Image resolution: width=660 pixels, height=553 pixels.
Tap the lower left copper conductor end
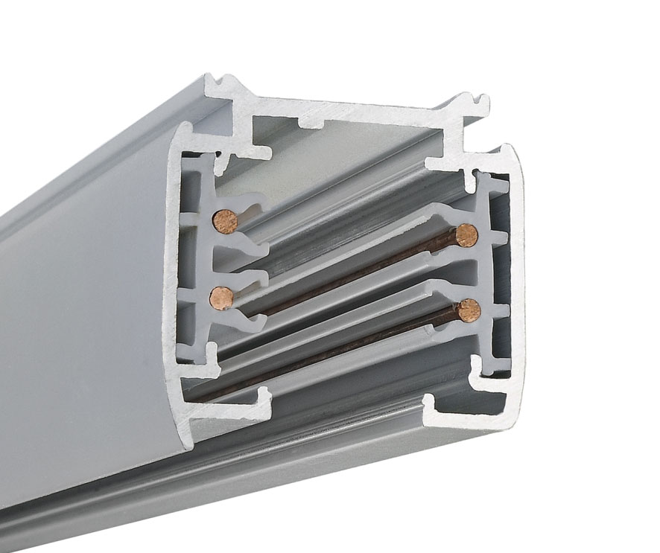[x=220, y=298]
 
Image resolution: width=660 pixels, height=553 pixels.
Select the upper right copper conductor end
[x=466, y=235]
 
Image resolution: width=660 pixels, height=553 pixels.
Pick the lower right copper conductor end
[x=468, y=310]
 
